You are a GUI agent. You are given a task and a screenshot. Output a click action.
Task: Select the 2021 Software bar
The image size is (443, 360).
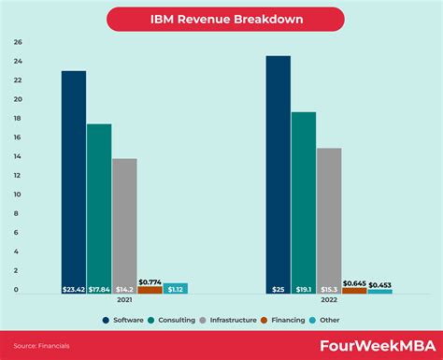(x=74, y=178)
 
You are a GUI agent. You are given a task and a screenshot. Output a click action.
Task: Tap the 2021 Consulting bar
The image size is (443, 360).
(x=99, y=206)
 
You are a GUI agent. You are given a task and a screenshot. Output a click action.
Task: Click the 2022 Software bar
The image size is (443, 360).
(x=278, y=173)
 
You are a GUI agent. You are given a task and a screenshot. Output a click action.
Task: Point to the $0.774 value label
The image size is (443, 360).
(x=150, y=281)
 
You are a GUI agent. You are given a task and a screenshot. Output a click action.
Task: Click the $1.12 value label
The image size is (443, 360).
(x=175, y=290)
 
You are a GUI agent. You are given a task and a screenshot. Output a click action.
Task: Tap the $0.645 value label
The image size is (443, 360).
(x=354, y=282)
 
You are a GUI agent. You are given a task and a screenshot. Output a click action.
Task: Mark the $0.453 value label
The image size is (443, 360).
(x=379, y=284)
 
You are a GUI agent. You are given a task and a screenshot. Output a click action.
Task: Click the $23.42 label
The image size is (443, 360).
(x=74, y=290)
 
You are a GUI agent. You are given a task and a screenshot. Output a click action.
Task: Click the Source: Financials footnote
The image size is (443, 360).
(x=42, y=346)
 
